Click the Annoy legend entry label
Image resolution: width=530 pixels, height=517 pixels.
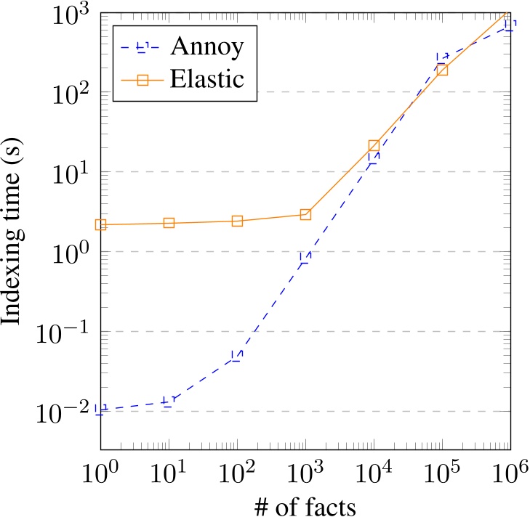click(206, 46)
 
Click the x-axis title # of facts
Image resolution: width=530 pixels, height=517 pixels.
click(305, 505)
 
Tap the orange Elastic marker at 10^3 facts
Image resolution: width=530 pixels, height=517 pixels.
click(305, 214)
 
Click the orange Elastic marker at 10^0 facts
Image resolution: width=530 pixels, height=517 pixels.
click(100, 225)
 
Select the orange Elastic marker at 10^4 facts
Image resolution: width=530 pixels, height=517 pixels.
click(374, 146)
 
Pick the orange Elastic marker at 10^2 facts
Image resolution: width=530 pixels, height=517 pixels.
click(237, 221)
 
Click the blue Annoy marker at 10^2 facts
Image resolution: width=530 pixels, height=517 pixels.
click(237, 356)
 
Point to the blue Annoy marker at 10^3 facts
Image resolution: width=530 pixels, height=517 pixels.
click(305, 257)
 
